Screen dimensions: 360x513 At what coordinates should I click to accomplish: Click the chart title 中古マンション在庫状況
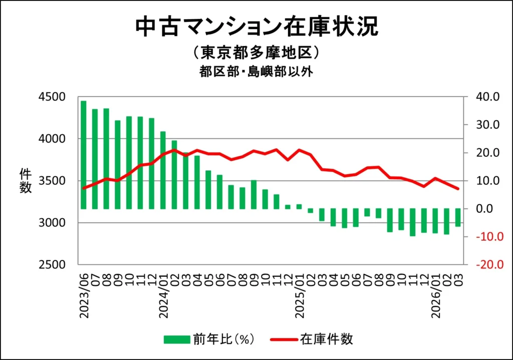(256, 28)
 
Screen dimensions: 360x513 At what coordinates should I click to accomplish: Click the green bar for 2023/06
(84, 155)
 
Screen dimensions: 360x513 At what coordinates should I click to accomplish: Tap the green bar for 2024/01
(163, 170)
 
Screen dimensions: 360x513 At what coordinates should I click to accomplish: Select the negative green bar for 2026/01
(435, 221)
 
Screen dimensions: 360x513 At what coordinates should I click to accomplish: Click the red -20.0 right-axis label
(483, 265)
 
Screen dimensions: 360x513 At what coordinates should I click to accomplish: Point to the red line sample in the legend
(284, 339)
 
